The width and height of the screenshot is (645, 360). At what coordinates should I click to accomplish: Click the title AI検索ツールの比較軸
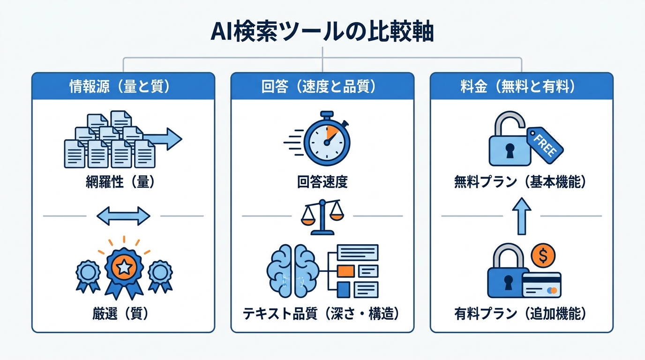(322, 32)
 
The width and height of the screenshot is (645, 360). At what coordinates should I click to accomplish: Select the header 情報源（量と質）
(123, 87)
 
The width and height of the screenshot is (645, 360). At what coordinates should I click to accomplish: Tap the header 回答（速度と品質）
(322, 87)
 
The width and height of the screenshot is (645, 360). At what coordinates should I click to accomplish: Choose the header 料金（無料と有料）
(521, 87)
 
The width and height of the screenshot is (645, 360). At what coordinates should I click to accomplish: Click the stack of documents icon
(110, 140)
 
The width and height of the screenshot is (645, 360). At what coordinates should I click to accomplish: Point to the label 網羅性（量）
(123, 182)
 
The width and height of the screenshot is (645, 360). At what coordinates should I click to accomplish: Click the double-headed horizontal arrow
(123, 216)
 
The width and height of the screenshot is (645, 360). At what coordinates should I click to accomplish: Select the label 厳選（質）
(123, 314)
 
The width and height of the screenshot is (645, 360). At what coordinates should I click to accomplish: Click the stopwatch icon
(326, 139)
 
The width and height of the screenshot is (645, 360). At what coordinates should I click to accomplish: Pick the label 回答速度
(322, 182)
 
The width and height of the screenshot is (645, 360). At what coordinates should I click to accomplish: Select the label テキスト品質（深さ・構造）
(322, 314)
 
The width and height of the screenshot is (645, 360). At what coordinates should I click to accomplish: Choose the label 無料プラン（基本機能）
(521, 182)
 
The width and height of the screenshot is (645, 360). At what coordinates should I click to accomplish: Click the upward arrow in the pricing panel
(521, 216)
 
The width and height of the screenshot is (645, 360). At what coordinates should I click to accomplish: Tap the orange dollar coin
(544, 256)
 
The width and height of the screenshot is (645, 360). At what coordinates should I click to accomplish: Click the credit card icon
(541, 285)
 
